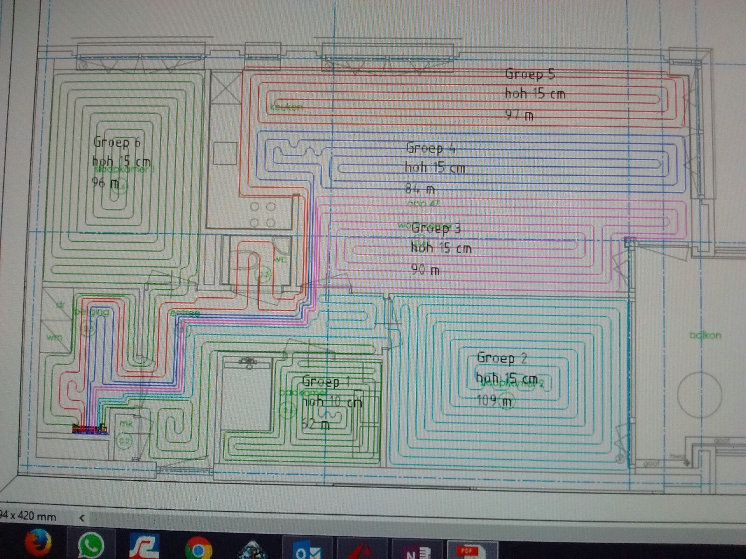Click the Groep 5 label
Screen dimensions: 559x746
530,74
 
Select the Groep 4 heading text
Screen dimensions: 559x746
430,148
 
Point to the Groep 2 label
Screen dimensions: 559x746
502,358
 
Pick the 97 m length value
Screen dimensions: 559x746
519,115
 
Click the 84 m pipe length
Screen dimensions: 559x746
420,189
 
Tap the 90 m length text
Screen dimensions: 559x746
425,269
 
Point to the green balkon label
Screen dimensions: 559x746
705,335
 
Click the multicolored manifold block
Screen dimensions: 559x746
90,429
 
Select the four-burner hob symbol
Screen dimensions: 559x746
262,214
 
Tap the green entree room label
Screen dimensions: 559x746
185,313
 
